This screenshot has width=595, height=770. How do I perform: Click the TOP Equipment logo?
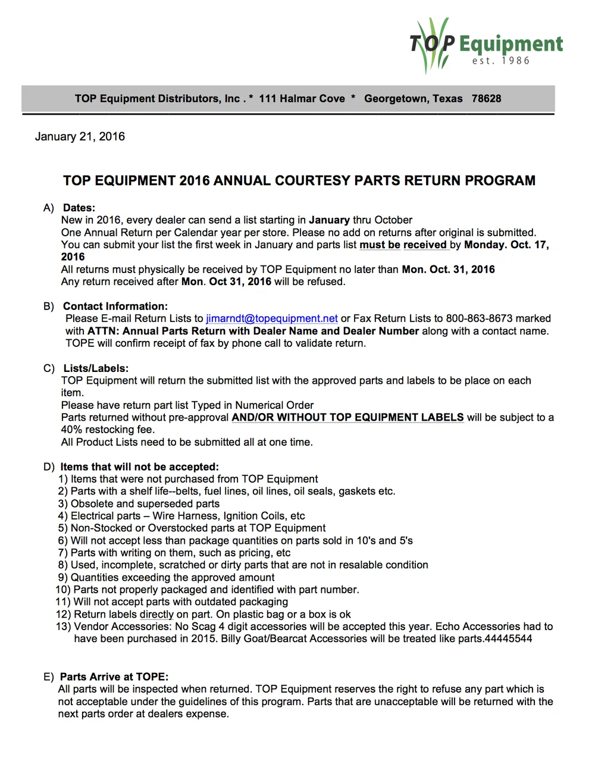point(485,45)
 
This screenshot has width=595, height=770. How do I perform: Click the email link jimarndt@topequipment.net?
point(272,318)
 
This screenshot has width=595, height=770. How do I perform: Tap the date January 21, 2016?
point(80,136)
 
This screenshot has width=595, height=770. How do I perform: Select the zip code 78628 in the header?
point(486,99)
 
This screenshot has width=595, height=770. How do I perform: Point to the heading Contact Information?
point(115,306)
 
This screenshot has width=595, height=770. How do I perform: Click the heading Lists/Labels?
point(96,368)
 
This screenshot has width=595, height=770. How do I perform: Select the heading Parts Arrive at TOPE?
point(114,677)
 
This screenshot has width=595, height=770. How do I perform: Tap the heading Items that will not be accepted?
point(139,467)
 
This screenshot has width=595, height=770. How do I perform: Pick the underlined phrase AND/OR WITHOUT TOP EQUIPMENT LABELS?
point(347,417)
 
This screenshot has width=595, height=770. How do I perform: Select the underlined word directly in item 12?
point(156,614)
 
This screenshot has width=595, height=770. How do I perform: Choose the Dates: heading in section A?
point(79,208)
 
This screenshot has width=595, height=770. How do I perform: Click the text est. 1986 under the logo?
point(500,61)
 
